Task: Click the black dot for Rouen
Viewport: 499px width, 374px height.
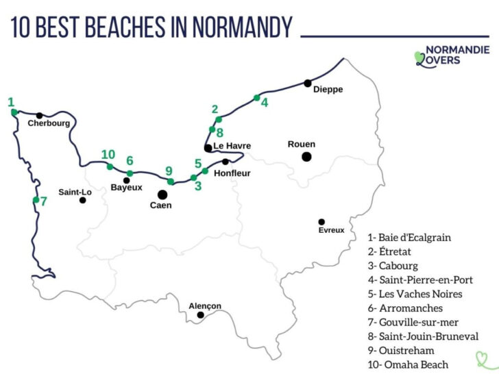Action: [x=306, y=157]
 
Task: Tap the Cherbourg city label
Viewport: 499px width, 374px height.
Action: [x=49, y=124]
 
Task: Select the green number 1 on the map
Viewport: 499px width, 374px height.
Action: [x=11, y=102]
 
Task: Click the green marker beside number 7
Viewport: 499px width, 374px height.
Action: [x=36, y=200]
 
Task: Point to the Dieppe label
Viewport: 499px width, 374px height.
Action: [x=328, y=90]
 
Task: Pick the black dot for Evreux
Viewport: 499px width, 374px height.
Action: [x=321, y=221]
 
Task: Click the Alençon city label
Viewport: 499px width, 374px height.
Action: [x=205, y=306]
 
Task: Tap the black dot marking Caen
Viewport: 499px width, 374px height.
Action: [x=162, y=195]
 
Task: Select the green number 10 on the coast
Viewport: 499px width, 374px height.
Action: [x=108, y=154]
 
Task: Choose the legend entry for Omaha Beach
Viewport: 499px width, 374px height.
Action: [x=409, y=364]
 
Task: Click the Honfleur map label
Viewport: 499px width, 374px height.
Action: [x=232, y=173]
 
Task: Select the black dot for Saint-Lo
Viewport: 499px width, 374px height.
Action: [x=82, y=200]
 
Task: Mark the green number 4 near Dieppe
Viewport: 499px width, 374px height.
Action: [x=265, y=102]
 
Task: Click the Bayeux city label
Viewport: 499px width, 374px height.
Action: [x=126, y=187]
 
